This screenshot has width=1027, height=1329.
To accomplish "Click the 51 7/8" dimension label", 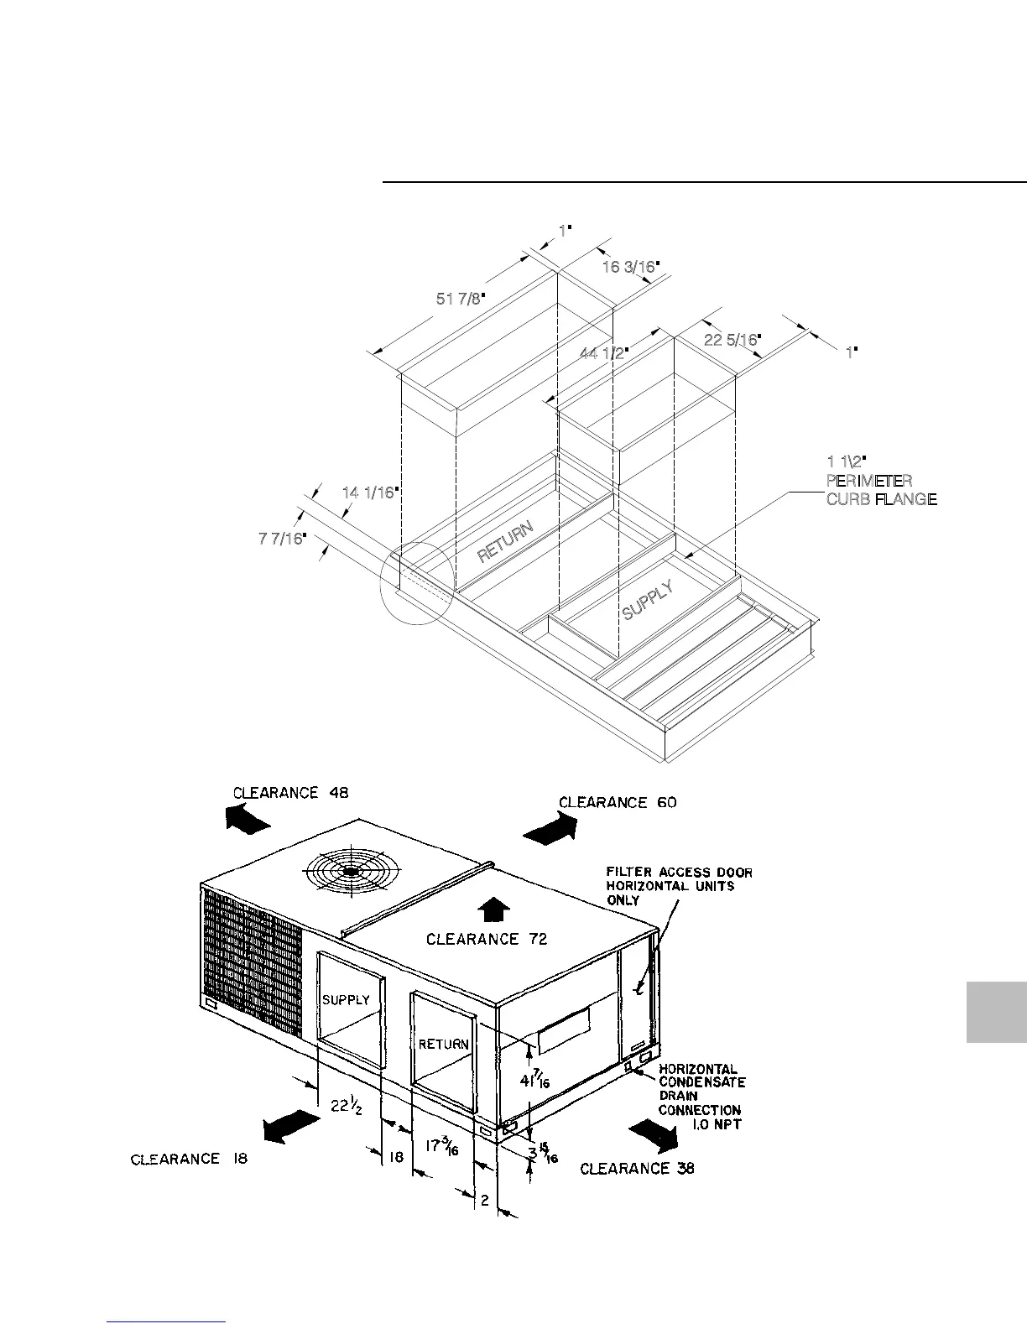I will point(461,299).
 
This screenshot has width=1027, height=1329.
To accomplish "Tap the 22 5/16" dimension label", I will point(732,340).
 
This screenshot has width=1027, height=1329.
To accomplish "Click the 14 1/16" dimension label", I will point(368,493).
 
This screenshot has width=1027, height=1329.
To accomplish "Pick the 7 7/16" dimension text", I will point(282,538).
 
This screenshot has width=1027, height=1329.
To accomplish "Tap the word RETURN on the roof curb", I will point(505,541).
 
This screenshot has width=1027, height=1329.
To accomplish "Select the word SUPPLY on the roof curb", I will point(649,601).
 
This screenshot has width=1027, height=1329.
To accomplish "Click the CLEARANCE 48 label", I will point(289,793).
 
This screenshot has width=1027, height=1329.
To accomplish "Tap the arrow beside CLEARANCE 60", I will point(551,829).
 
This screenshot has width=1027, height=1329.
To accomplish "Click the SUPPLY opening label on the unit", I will point(346,1000).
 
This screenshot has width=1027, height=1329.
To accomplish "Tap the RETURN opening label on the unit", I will point(443,1045).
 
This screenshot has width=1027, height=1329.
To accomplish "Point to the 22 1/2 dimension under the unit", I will point(345,1106).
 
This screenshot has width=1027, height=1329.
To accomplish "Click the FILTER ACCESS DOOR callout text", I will point(679,886).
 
